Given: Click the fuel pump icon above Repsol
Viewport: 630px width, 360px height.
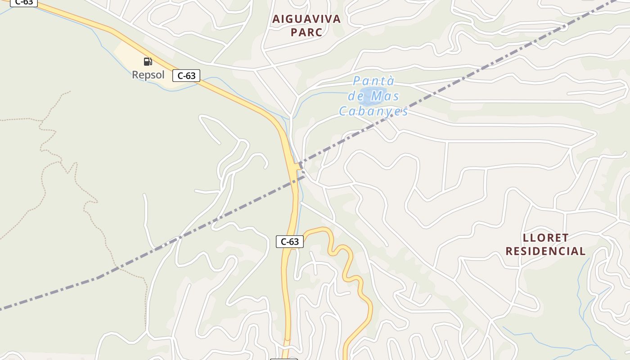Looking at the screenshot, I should click(x=148, y=62).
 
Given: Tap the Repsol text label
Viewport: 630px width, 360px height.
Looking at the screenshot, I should click(x=148, y=75).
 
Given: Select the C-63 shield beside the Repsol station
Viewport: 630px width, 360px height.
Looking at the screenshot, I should click(x=186, y=76).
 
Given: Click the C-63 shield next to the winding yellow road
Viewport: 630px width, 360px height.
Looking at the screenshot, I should click(x=290, y=242).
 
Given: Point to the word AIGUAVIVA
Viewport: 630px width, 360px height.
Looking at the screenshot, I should click(x=306, y=19).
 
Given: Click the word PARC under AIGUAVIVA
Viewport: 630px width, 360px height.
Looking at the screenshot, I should click(x=306, y=32).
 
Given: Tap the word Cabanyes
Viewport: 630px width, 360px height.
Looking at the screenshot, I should click(x=373, y=111).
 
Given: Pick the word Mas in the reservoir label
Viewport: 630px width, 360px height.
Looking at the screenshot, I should click(x=383, y=96).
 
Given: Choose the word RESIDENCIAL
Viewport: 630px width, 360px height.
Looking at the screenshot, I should click(x=546, y=251).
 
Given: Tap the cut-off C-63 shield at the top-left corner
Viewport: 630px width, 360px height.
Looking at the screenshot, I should click(x=23, y=3).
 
